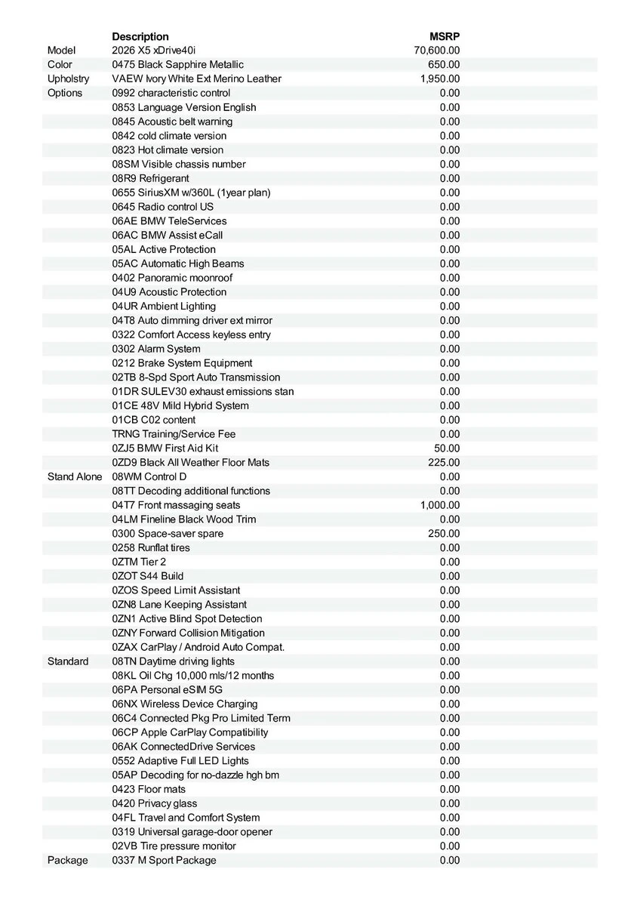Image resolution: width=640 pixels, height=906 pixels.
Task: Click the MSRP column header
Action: point(445,36)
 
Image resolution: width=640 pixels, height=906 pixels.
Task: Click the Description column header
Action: point(140,36)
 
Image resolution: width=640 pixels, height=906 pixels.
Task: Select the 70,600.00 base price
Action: point(437,51)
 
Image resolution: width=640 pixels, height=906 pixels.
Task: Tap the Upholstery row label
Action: point(68,79)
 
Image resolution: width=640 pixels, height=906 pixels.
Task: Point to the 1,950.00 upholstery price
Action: point(440,79)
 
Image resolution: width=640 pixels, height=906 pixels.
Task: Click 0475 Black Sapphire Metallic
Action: point(177,65)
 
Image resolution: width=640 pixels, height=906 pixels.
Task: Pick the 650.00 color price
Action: point(444,65)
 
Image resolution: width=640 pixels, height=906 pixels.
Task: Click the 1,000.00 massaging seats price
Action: point(440,505)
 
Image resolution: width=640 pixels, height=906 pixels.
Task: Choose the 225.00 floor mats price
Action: point(444,462)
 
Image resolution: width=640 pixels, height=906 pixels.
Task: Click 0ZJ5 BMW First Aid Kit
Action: point(165,448)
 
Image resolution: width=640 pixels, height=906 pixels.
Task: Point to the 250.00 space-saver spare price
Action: point(444,533)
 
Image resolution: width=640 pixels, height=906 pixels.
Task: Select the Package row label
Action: point(67,860)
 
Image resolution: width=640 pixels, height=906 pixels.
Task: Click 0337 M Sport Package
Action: point(164,860)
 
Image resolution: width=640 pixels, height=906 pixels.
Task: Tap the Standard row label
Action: point(68,661)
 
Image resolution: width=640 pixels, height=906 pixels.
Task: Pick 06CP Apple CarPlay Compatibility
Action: point(189,732)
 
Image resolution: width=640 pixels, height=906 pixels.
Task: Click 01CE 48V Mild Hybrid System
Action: point(180,405)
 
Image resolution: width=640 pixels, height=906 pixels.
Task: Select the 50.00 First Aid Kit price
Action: point(447,448)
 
